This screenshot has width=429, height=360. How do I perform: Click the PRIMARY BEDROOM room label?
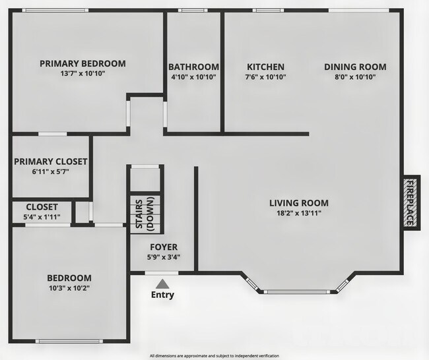[x=82, y=63]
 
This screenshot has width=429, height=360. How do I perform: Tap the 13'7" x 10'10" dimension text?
[x=82, y=74]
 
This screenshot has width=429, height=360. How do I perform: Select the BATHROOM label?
[x=193, y=67]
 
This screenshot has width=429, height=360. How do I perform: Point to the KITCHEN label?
[x=265, y=67]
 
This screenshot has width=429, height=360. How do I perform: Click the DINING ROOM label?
[x=355, y=67]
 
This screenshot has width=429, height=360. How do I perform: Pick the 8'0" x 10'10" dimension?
[x=355, y=77]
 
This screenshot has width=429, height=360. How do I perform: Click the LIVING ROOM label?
[x=299, y=203]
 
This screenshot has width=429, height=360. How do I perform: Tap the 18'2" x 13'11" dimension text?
[x=299, y=214]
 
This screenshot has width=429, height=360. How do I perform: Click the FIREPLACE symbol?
[x=410, y=203]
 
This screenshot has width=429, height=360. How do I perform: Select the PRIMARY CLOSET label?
[x=51, y=161]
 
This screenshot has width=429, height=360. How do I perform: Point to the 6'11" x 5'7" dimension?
[x=51, y=171]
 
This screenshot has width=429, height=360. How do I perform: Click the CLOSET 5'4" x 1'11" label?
[x=42, y=212]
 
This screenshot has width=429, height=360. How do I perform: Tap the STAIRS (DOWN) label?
[x=145, y=214]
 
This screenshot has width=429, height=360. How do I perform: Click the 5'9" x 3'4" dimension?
[x=162, y=258]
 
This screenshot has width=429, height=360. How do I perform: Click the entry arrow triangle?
[x=162, y=283]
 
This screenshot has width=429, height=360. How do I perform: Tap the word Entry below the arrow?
[x=162, y=295]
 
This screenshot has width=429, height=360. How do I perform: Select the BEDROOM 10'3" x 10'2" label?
[x=69, y=282]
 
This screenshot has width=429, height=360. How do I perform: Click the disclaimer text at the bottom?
[x=214, y=355]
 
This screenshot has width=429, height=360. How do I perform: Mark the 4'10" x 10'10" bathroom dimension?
[x=193, y=77]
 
